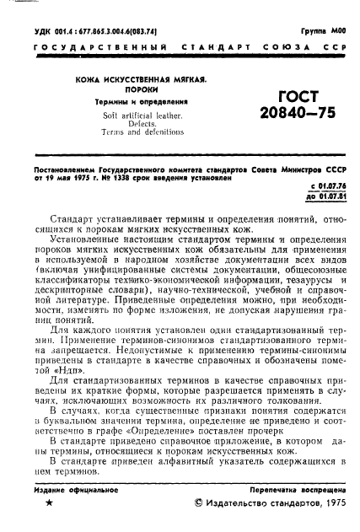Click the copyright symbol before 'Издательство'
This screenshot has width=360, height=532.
coord(199,503)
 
